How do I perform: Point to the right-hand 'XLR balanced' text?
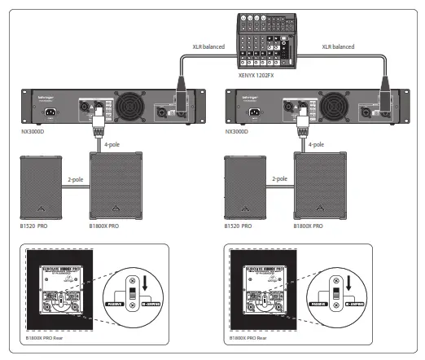click(339, 47)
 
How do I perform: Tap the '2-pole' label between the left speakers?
click(75, 178)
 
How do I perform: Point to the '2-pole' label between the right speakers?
click(280, 178)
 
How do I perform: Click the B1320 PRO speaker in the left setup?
click(39, 185)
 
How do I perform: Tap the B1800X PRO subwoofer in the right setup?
click(319, 183)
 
